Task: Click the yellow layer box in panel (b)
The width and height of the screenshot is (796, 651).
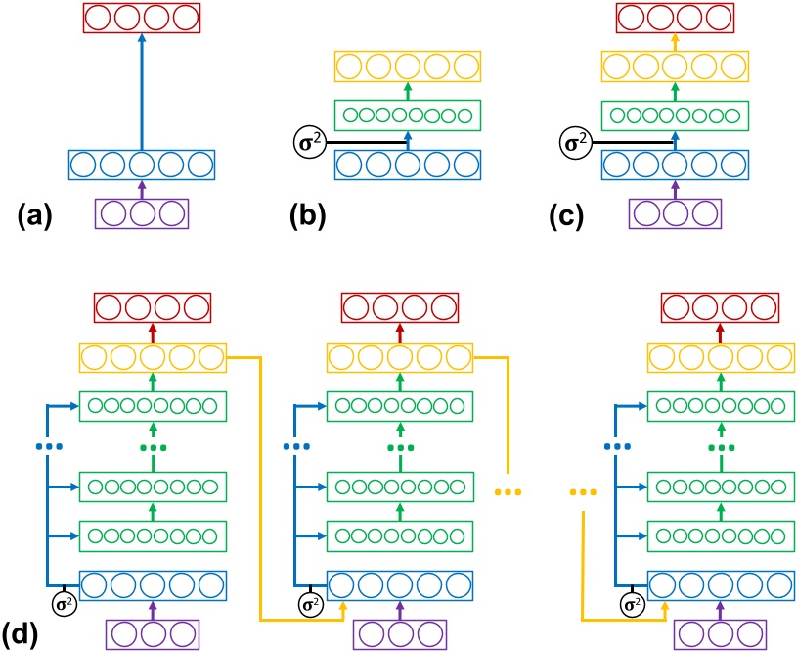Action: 409,67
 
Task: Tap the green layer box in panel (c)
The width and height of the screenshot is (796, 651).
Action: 672,115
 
